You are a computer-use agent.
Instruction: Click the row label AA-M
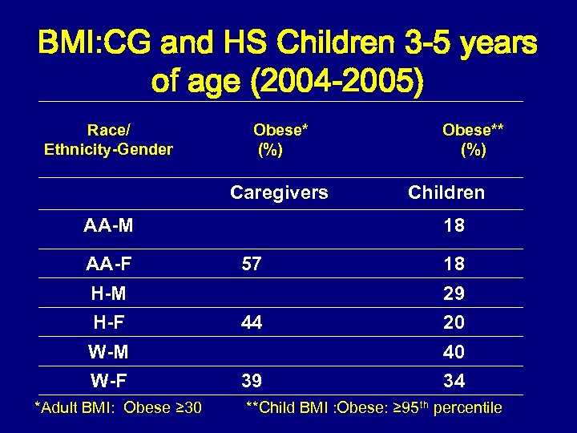coord(108,226)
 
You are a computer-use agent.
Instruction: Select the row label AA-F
coord(108,264)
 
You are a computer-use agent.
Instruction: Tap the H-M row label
coord(109,294)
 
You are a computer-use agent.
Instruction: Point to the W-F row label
coord(109,380)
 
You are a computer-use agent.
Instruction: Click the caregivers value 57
coord(252,264)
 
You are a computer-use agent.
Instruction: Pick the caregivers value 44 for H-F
coord(252,322)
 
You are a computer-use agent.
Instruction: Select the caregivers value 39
coord(252,380)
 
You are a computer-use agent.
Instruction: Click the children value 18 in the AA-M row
coord(454,226)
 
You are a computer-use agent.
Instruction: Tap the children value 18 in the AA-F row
coord(454,264)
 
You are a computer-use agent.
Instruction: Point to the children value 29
coord(454,294)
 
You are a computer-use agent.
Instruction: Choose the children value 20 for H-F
coord(454,322)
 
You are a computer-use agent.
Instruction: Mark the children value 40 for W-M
coord(454,352)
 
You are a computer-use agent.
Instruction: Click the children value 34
coord(454,380)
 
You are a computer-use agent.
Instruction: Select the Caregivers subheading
coord(279,192)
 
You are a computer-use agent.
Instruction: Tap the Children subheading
coord(446,192)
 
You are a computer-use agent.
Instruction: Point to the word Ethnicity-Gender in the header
coord(109,149)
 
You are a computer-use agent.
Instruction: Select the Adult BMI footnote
coord(118,408)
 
